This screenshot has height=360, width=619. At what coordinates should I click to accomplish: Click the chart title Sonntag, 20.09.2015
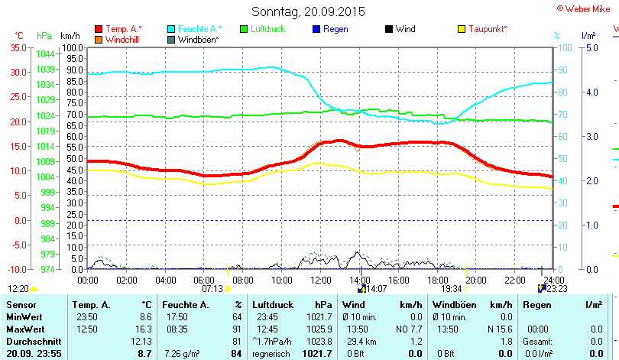tap(308, 11)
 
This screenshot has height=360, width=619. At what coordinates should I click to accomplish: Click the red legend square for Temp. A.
tap(99, 29)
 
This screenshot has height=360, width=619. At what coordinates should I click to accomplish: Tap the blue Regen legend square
tap(316, 29)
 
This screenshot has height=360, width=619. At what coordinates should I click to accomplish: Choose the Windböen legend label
tap(199, 39)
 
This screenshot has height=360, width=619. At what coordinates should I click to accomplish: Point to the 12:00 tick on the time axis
tap(320, 280)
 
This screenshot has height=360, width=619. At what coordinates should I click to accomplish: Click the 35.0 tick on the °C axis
tap(17, 47)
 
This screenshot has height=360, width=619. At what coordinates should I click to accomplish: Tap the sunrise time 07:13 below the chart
tap(212, 289)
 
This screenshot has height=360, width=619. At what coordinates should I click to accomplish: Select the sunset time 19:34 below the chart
tap(452, 289)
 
